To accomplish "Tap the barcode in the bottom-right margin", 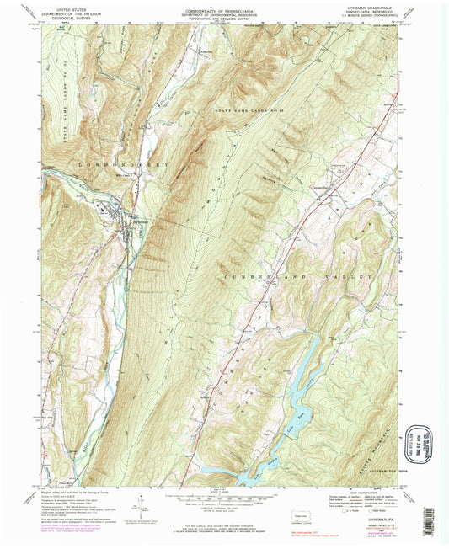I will click(371, 539).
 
